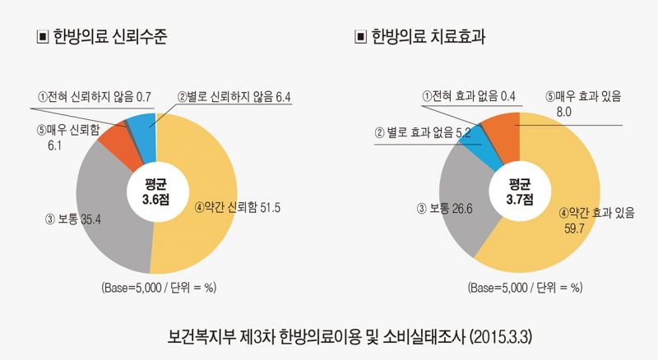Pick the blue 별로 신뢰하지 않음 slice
[140, 127]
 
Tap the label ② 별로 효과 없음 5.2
[423, 132]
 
